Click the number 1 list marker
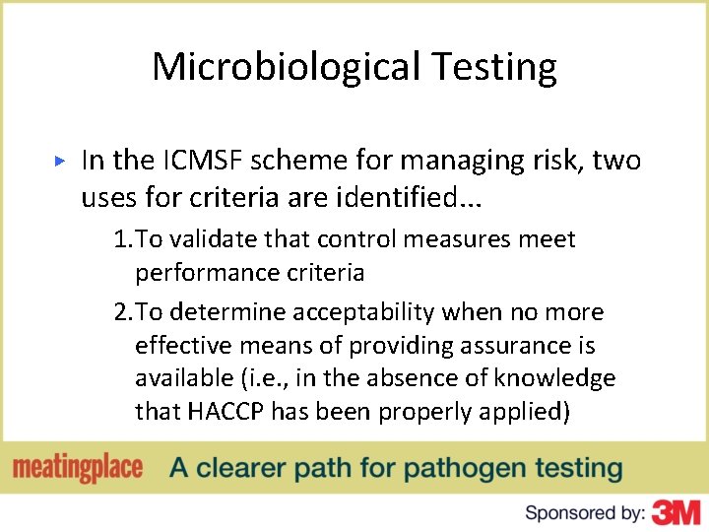121,239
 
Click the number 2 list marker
121,312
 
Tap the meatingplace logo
78,467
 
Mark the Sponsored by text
585,512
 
